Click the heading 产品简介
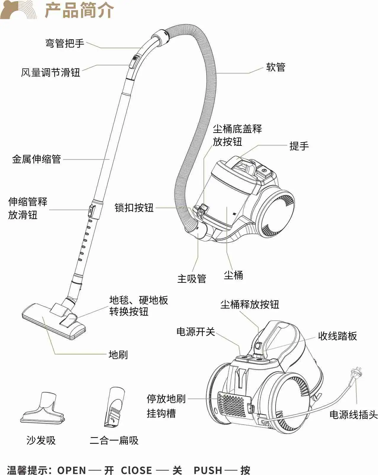coord(79,10)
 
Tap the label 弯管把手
coord(65,43)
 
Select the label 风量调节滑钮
coord(50,72)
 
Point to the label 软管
coord(276,67)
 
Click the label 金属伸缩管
coord(36,159)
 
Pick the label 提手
coord(299,146)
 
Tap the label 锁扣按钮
coord(134,208)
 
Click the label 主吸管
coord(192,279)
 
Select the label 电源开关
coord(195,332)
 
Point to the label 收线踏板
coord(337,336)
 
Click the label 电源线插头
coord(353,415)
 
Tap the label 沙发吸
coord(41,440)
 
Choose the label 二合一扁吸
coord(114,440)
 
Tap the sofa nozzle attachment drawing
coord(43,408)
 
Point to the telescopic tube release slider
coord(91,211)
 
